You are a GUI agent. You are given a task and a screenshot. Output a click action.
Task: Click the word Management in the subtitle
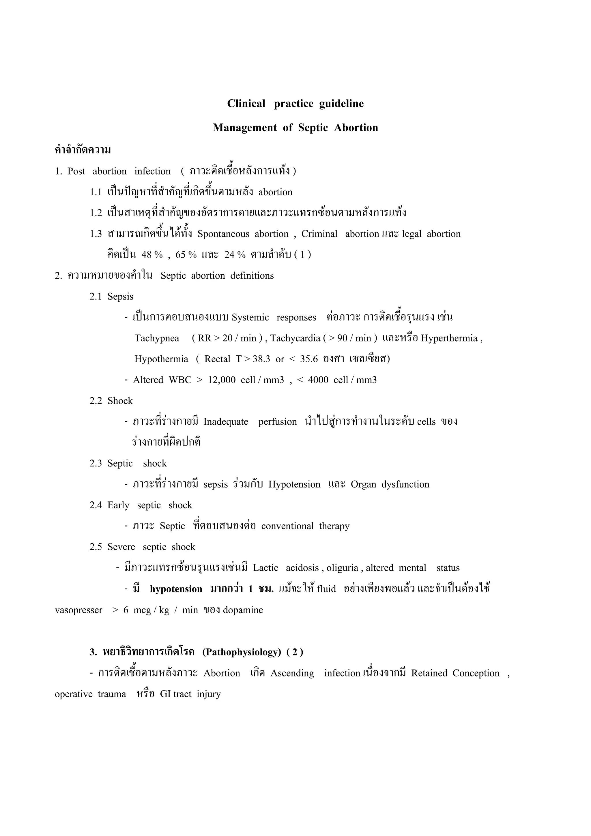(245, 128)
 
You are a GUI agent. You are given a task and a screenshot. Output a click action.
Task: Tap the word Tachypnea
(157, 338)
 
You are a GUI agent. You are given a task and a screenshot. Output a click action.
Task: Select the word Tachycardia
(295, 338)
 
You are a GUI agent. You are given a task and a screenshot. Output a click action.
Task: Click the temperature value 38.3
(261, 359)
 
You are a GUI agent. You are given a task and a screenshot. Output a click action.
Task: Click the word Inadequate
(226, 422)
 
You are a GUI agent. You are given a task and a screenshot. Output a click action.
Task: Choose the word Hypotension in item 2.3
(294, 484)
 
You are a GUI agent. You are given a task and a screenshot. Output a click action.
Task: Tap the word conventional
(287, 526)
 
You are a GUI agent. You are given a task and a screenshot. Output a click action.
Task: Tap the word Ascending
(292, 673)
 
